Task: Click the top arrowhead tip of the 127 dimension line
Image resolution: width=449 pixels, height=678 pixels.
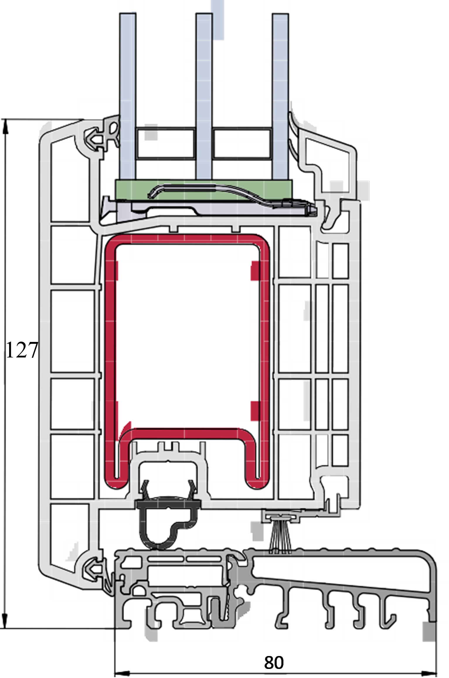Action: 5,120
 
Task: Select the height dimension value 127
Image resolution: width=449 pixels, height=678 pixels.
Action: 22,350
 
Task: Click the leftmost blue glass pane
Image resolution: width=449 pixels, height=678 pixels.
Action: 128,96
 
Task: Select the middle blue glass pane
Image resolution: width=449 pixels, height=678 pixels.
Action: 204,96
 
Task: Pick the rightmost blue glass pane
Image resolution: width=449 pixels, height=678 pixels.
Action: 280,96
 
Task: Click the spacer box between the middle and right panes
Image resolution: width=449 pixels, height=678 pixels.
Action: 242,143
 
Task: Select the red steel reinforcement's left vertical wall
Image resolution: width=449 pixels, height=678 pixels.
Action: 110,360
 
